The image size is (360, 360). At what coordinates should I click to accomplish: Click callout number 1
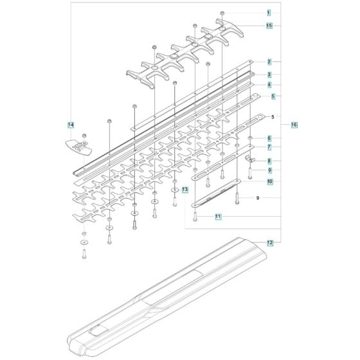click(x=269, y=13)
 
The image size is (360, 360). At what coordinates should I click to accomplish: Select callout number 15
click(x=269, y=26)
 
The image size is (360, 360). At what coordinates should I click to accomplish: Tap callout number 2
click(x=269, y=62)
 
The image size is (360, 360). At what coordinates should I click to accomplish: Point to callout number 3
click(x=269, y=75)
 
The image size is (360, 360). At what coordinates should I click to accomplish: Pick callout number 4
click(x=269, y=85)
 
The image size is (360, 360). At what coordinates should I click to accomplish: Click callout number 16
click(x=294, y=125)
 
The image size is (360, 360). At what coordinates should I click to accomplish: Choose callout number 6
click(x=269, y=138)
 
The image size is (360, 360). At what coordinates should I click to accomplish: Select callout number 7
click(x=269, y=147)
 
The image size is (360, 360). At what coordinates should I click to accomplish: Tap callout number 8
click(x=269, y=161)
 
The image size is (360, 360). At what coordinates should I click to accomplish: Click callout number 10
click(x=269, y=181)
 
